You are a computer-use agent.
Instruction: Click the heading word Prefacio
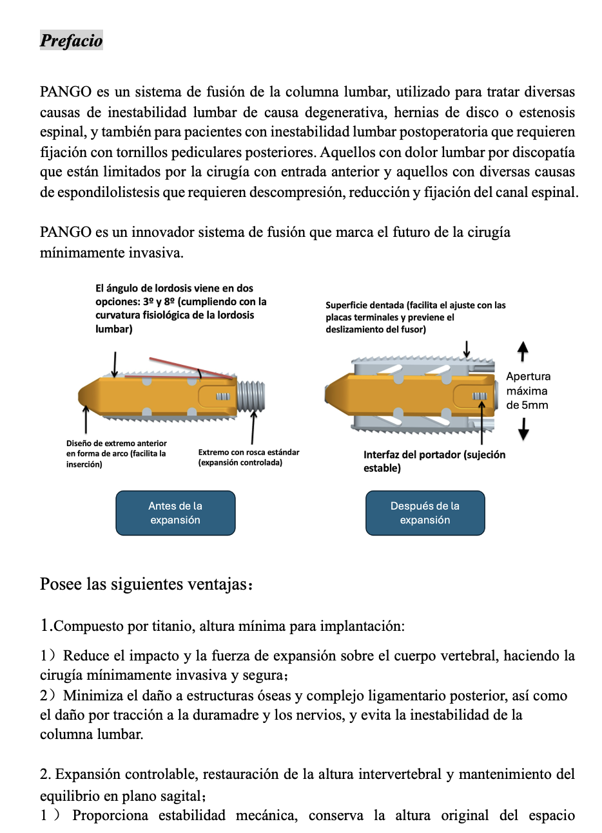pyautogui.click(x=71, y=41)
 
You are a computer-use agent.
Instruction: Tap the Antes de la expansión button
pyautogui.click(x=175, y=513)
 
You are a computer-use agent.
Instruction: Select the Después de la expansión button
pyautogui.click(x=425, y=513)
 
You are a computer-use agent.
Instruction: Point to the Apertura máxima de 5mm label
pyautogui.click(x=528, y=391)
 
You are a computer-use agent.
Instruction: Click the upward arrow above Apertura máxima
pyautogui.click(x=523, y=351)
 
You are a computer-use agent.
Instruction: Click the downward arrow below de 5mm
pyautogui.click(x=523, y=429)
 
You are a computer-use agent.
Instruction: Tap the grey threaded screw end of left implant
pyautogui.click(x=251, y=395)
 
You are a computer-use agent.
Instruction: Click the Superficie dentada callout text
pyautogui.click(x=415, y=317)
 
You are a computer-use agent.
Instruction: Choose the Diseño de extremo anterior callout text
pyautogui.click(x=116, y=454)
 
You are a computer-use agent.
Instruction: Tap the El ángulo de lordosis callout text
pyautogui.click(x=180, y=308)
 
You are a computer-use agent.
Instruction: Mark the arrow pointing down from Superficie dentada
pyautogui.click(x=467, y=349)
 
